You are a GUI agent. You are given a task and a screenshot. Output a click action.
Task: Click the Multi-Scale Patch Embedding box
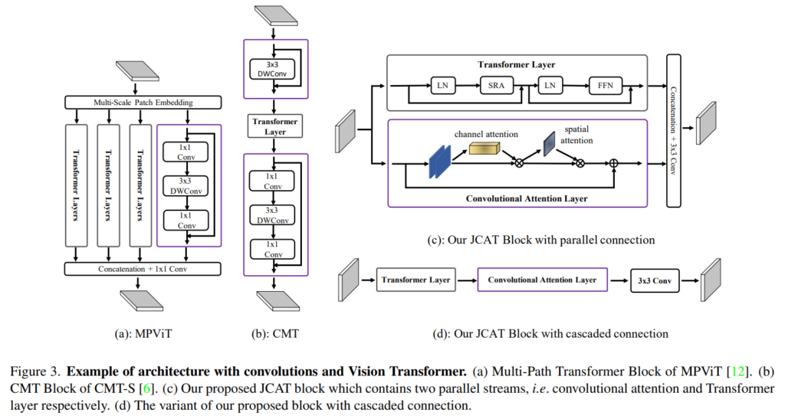click(x=143, y=102)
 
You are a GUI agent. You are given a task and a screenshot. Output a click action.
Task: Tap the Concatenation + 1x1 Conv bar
click(x=143, y=269)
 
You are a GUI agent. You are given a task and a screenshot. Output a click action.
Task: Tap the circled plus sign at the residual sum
click(x=613, y=163)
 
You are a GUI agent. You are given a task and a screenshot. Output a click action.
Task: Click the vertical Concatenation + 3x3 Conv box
click(x=675, y=131)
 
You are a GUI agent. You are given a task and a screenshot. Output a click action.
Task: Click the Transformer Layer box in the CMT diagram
click(x=275, y=126)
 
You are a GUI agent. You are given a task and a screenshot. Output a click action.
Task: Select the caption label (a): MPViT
click(x=142, y=333)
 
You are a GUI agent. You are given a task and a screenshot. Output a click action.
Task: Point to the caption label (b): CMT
click(x=274, y=333)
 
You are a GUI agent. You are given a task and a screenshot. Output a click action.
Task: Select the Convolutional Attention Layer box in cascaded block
click(x=542, y=280)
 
